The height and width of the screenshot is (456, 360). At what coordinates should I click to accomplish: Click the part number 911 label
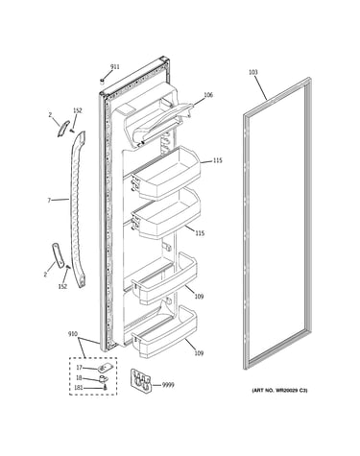114,67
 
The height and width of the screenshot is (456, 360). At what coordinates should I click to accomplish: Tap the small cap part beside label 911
103,81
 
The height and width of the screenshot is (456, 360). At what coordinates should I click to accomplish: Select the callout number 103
252,72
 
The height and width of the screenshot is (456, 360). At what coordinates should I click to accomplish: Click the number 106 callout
208,95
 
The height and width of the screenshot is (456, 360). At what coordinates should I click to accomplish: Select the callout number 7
49,201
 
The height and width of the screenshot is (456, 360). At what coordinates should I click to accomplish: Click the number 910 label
73,334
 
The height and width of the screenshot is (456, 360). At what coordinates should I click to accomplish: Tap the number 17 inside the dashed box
79,368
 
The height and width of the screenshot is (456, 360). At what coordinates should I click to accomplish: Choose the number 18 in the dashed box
79,377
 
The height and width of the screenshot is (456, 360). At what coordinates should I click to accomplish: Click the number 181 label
78,388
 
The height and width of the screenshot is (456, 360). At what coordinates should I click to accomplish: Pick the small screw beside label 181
105,388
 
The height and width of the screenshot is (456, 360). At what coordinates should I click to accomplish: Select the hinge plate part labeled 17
103,369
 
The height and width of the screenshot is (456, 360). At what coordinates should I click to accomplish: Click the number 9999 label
168,385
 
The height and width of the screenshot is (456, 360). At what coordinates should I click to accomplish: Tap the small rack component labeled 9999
141,380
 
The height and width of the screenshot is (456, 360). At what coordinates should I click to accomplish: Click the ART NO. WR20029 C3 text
279,391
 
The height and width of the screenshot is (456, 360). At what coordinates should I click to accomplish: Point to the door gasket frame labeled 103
245,224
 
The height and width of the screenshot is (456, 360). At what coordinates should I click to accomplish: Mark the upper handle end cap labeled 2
63,129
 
